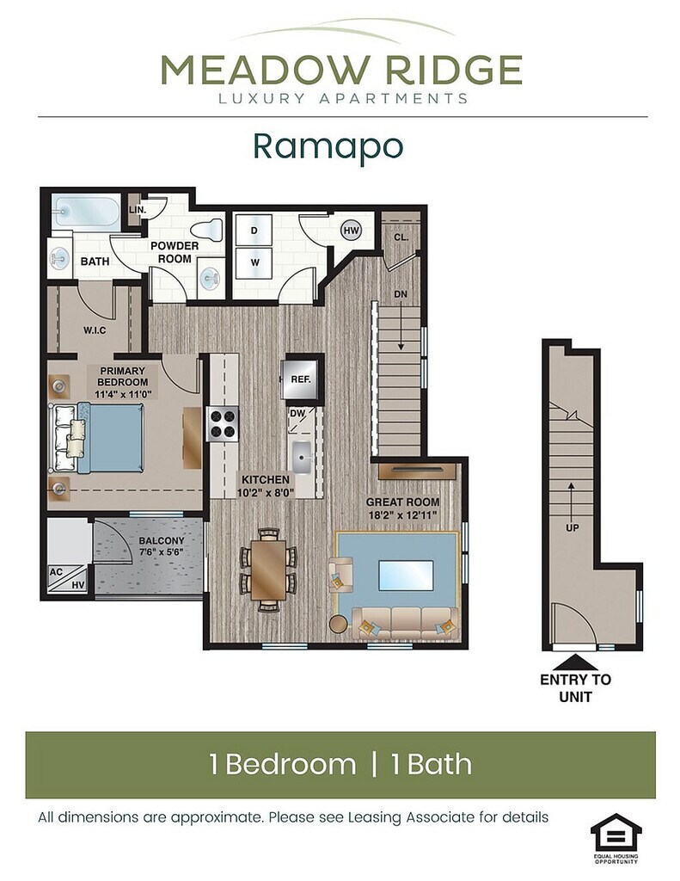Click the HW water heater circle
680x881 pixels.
tap(352, 230)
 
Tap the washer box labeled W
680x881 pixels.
tap(254, 262)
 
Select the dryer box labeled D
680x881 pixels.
tap(254, 231)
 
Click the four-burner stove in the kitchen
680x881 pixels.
tap(223, 424)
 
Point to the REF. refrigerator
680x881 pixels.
tap(301, 379)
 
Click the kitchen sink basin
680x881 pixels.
tap(302, 458)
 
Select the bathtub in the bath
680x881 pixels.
tap(86, 212)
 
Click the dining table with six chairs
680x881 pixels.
tap(268, 570)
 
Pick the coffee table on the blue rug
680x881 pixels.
tap(406, 576)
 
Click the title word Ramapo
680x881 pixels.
tap(328, 146)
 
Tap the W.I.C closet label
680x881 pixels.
tap(95, 330)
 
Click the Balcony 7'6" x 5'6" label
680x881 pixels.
tap(162, 546)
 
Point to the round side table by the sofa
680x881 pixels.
tap(339, 625)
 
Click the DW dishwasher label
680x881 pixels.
tap(297, 414)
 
